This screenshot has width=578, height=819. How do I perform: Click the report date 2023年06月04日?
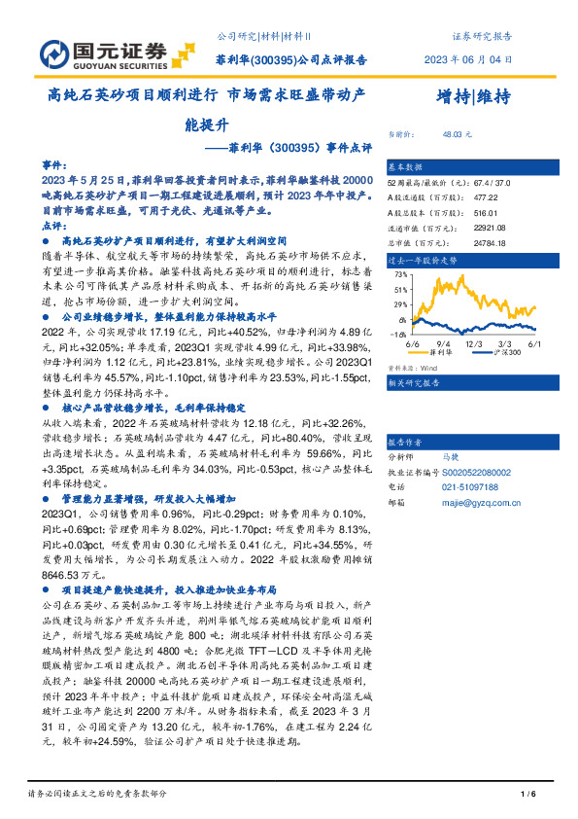tap(466, 59)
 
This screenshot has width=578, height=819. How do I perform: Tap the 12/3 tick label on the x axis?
tap(475, 343)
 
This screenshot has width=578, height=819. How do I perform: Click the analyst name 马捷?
tap(449, 455)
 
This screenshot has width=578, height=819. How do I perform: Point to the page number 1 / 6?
tap(528, 796)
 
